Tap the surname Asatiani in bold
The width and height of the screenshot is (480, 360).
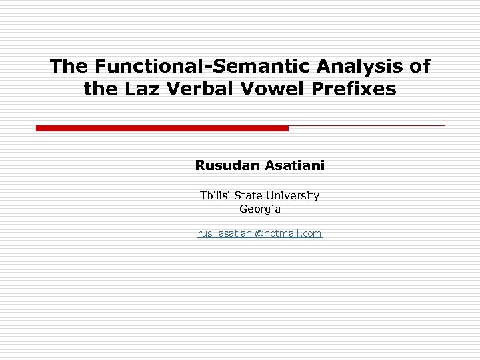(x=295, y=165)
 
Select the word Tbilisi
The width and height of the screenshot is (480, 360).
(x=217, y=196)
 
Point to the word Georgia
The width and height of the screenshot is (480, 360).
(x=260, y=209)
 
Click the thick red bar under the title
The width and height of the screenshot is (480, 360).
(x=162, y=128)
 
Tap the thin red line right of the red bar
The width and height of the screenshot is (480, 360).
(x=367, y=125)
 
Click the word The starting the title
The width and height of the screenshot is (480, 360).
(x=70, y=66)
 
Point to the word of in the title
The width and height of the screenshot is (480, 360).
(x=421, y=66)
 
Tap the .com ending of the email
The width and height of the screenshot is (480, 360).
(x=311, y=233)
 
